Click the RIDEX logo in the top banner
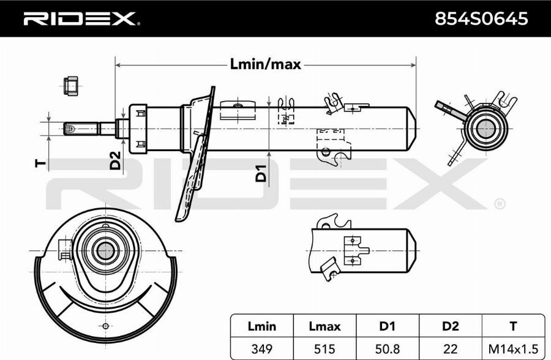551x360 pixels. (x=80, y=19)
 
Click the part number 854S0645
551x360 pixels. (x=481, y=19)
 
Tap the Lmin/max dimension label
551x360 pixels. (x=265, y=64)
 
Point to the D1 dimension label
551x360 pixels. (x=261, y=173)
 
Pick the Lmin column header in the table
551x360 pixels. (x=261, y=326)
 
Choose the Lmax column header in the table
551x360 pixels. (x=324, y=326)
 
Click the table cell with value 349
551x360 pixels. (x=261, y=348)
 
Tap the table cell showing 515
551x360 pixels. (x=324, y=348)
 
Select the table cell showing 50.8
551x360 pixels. (x=387, y=348)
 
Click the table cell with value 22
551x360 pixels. (x=450, y=348)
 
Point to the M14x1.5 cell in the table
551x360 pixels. (x=513, y=348)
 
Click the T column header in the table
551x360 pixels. (x=513, y=326)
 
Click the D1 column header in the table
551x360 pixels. (x=387, y=326)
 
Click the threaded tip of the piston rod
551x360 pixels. (x=70, y=129)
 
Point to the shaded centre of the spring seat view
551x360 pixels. (x=105, y=250)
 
